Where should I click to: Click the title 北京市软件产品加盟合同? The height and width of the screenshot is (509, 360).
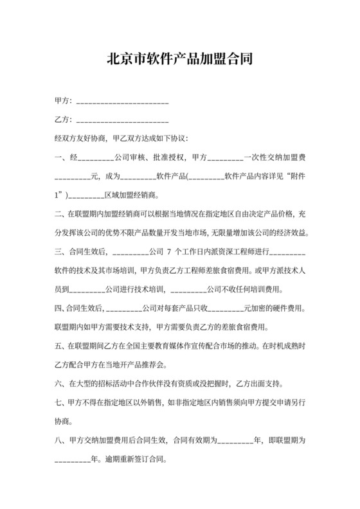(x=179, y=60)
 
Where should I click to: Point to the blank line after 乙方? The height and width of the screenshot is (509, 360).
(x=122, y=121)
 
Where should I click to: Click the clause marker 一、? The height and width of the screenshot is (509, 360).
(x=62, y=157)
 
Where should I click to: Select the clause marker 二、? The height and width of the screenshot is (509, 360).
(x=62, y=212)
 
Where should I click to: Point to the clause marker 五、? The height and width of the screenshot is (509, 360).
(x=62, y=345)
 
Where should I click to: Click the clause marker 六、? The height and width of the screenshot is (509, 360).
(x=62, y=384)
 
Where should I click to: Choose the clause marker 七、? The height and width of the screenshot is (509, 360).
(x=62, y=403)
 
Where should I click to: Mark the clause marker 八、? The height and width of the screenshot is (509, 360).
(x=62, y=441)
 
